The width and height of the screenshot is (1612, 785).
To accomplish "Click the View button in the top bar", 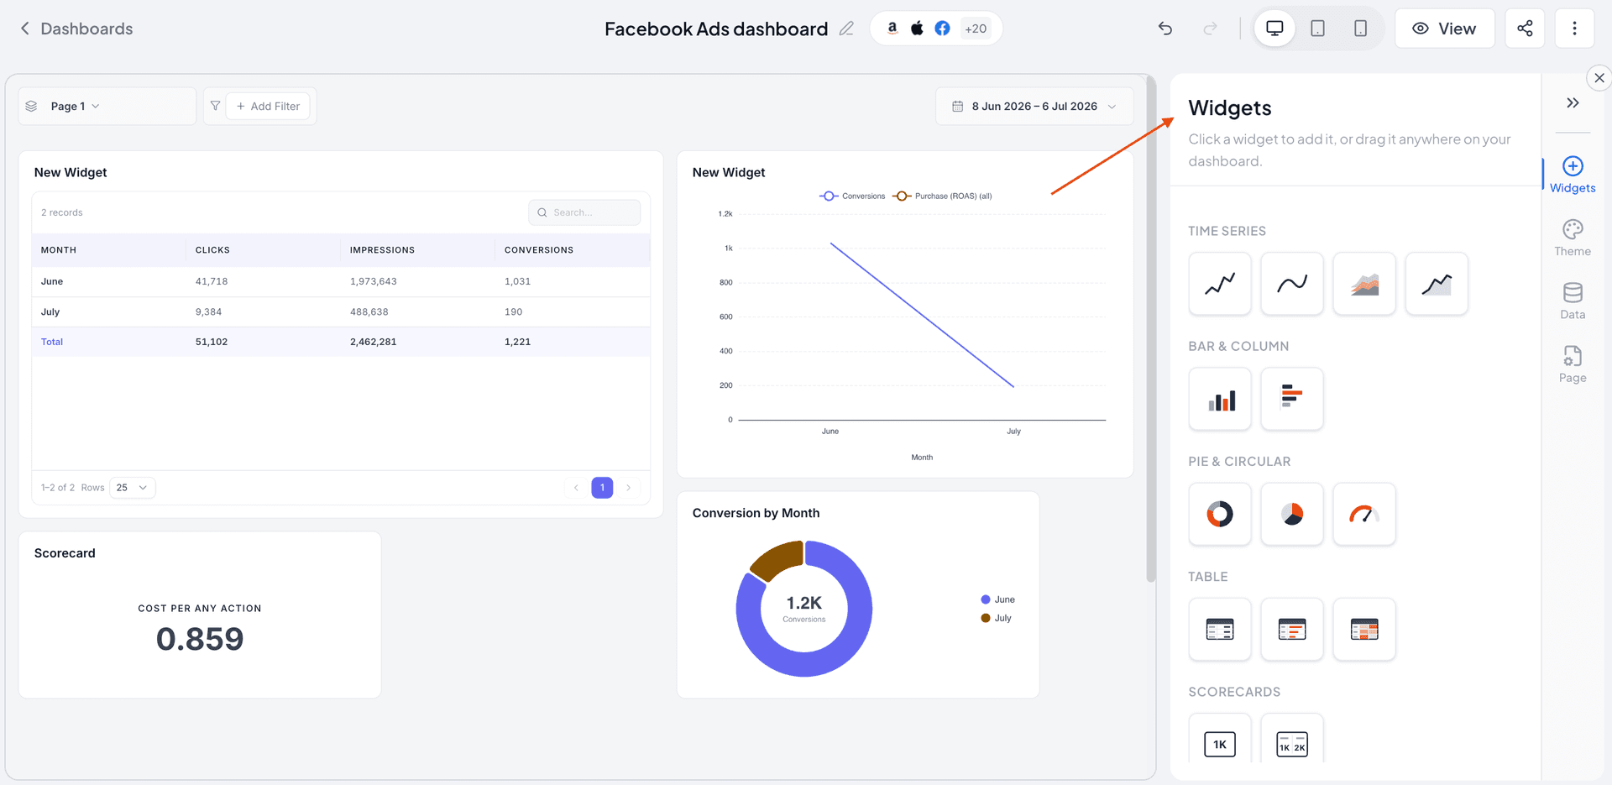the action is (x=1444, y=29).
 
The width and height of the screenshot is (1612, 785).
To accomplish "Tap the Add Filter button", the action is (x=268, y=107).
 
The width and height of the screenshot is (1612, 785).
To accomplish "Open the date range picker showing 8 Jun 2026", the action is (x=1034, y=107).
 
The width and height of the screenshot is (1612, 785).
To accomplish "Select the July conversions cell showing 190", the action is (x=513, y=311).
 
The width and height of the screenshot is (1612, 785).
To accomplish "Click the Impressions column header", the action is (x=382, y=250).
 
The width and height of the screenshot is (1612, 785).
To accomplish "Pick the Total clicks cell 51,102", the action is (x=212, y=342).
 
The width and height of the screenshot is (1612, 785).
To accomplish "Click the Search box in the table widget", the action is (x=584, y=212).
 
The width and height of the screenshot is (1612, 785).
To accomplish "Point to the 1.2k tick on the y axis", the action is (x=725, y=214).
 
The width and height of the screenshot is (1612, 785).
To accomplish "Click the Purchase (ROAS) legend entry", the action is (x=944, y=196).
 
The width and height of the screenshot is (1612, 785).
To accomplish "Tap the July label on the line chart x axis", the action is (x=1014, y=432).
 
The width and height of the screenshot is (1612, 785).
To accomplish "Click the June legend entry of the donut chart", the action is (x=997, y=599).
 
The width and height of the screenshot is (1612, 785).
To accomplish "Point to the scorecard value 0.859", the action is (x=200, y=639).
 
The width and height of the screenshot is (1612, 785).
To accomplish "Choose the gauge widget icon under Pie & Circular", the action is (x=1364, y=514).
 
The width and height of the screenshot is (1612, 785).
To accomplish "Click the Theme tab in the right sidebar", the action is (x=1573, y=238).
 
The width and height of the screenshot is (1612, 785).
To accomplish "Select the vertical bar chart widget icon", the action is (x=1220, y=399).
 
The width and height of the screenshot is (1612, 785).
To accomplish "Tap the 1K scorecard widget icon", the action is (x=1220, y=744).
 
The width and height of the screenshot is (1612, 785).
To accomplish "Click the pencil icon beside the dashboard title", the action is (x=846, y=29).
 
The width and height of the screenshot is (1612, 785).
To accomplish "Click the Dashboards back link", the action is (x=76, y=29).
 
